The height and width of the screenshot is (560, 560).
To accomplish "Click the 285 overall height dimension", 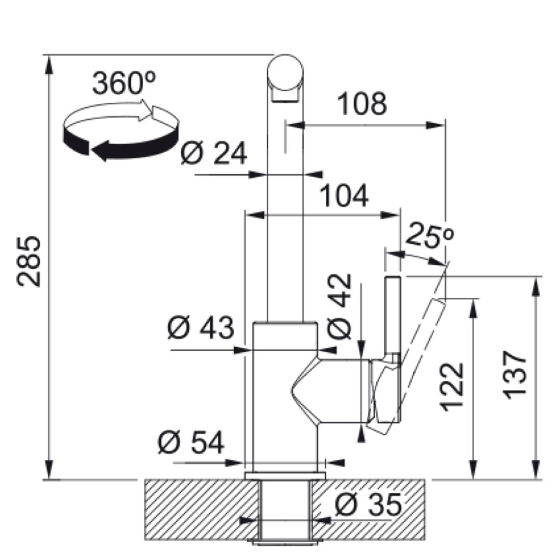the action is (x=30, y=261).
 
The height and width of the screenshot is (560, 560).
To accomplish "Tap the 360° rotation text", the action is (x=124, y=83).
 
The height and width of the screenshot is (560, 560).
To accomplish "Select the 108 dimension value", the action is (x=362, y=104).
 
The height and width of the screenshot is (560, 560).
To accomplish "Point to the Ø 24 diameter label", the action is (x=214, y=153).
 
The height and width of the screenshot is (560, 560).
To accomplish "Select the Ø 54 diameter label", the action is (x=191, y=442).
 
